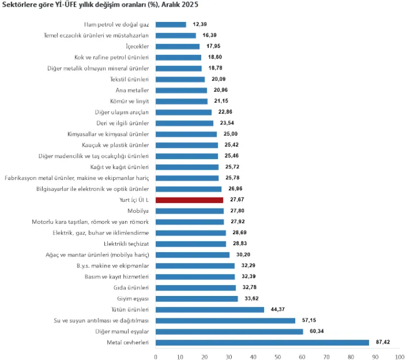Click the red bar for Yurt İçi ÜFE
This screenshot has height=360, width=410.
pos(189,200)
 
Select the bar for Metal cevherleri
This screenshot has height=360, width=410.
pos(262,342)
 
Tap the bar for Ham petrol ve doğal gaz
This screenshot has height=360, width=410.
pos(171,25)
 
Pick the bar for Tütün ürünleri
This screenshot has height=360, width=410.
pos(210,310)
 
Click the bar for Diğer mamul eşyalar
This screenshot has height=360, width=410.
pos(229,332)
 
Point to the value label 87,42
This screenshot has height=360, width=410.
pos(382,342)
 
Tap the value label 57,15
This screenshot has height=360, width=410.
pos(308,321)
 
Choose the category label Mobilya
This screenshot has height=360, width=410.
pos(138,211)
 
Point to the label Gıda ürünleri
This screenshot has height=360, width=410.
pos(132,288)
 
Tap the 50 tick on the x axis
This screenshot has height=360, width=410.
pos(278,357)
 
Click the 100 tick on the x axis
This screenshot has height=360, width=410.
pos(400,357)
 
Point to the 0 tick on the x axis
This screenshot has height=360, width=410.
pos(156,357)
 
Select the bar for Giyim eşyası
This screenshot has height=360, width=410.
pos(197,299)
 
